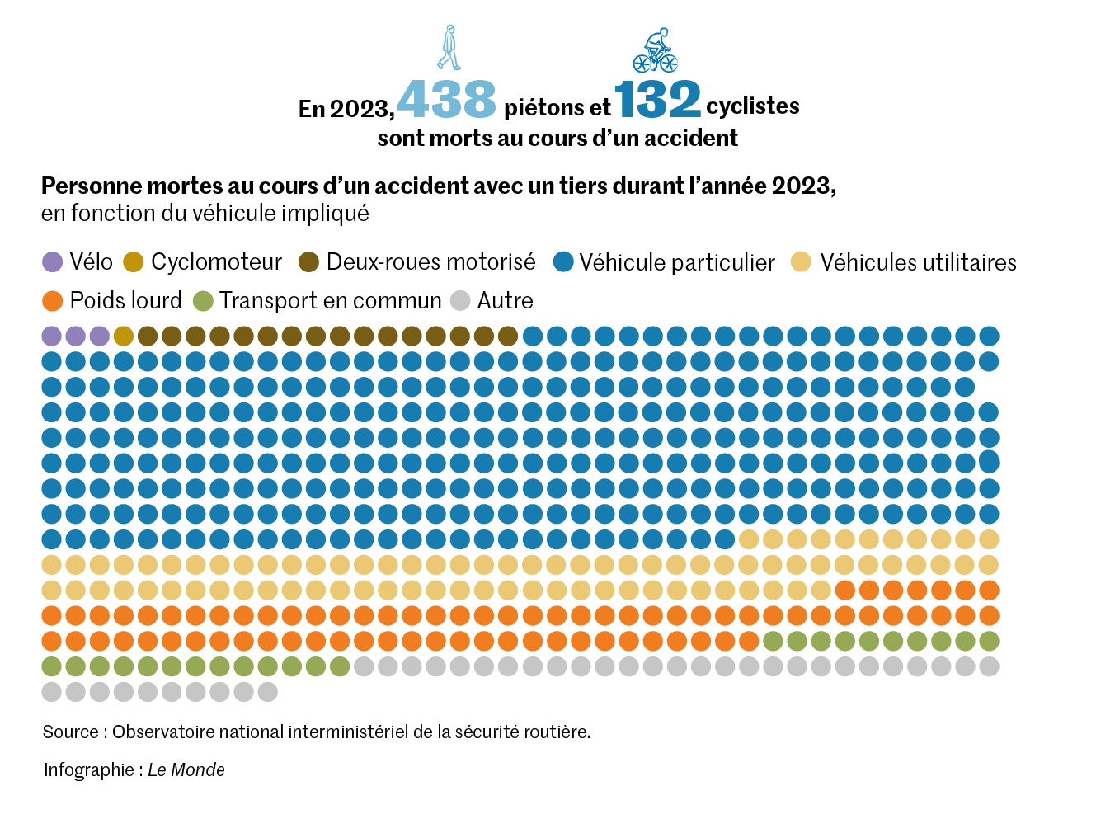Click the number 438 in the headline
coord(446,99)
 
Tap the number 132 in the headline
coord(657,99)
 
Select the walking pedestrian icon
coord(449,48)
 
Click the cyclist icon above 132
coord(656,51)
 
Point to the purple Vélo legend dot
coord(52,262)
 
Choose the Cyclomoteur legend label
coord(216,262)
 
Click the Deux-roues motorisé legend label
coord(430,262)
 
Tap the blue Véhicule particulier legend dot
coord(563,262)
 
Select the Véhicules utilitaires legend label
coord(918,262)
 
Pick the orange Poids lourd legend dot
coord(52,301)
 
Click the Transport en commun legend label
coord(330,301)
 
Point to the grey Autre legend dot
coord(460,301)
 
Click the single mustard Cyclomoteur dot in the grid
coord(124,336)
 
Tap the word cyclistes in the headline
coord(753,106)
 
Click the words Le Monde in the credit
coord(186,769)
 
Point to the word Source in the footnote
coord(70,732)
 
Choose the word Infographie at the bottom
coord(89,769)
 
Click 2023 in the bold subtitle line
coord(802,186)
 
